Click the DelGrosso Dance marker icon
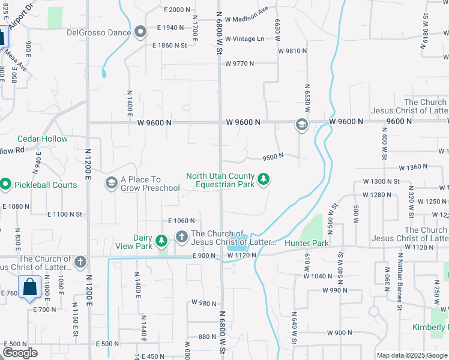pos(141,32)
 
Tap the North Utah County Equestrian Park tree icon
pos(263,179)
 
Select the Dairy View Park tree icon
pos(161,241)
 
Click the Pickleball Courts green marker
pos(5,185)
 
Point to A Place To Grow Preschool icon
pos(111,182)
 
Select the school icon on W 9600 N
pos(301,124)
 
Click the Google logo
pos(20,353)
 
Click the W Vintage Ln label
pos(245,39)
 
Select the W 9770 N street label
pos(240,63)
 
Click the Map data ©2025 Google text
pos(411,355)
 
